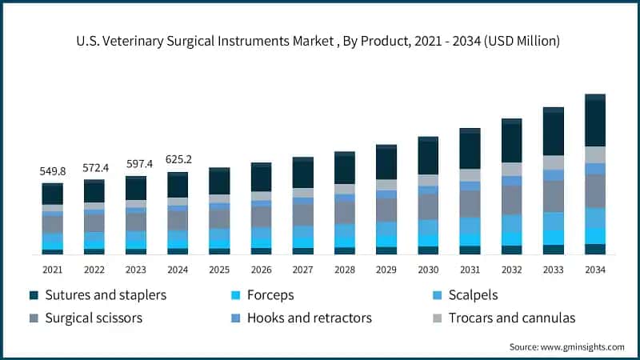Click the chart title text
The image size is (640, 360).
[x=320, y=41]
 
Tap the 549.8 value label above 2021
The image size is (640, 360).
[x=52, y=171]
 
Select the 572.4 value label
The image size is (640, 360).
[x=94, y=168]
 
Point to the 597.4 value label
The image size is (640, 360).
[x=136, y=164]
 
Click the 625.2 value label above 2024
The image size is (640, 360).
[x=178, y=159]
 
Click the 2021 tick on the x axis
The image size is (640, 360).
[x=52, y=270]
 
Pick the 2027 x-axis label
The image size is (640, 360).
[x=302, y=270]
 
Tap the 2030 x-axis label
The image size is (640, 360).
[x=428, y=270]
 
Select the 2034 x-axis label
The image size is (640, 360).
[x=594, y=270]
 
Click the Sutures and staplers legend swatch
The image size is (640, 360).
[x=34, y=295]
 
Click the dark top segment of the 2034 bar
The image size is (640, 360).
[x=594, y=122]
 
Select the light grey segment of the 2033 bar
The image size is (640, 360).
[x=553, y=162]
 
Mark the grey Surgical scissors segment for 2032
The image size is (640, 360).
[x=511, y=200]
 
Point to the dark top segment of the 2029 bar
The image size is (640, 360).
[x=386, y=164]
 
